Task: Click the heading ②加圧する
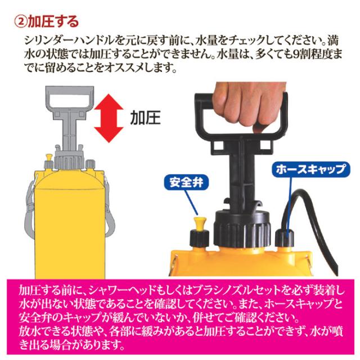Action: pyautogui.click(x=46, y=21)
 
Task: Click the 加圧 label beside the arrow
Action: pyautogui.click(x=145, y=118)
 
